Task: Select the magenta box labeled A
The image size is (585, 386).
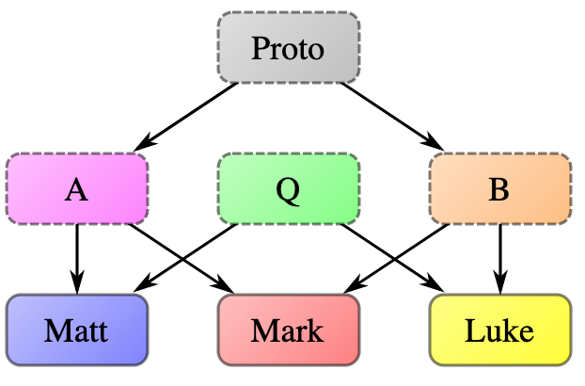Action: click(x=76, y=189)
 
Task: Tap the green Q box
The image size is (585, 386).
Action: click(x=288, y=189)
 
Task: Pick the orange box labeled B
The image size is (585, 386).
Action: click(x=499, y=189)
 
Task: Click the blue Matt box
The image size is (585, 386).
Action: click(x=76, y=330)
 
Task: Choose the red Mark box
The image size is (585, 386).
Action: click(x=288, y=330)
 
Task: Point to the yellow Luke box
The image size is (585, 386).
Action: click(x=499, y=330)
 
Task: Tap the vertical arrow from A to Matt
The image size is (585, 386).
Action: click(x=76, y=254)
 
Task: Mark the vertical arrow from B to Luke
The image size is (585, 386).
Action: click(x=499, y=254)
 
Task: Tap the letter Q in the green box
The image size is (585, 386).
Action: click(x=288, y=191)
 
